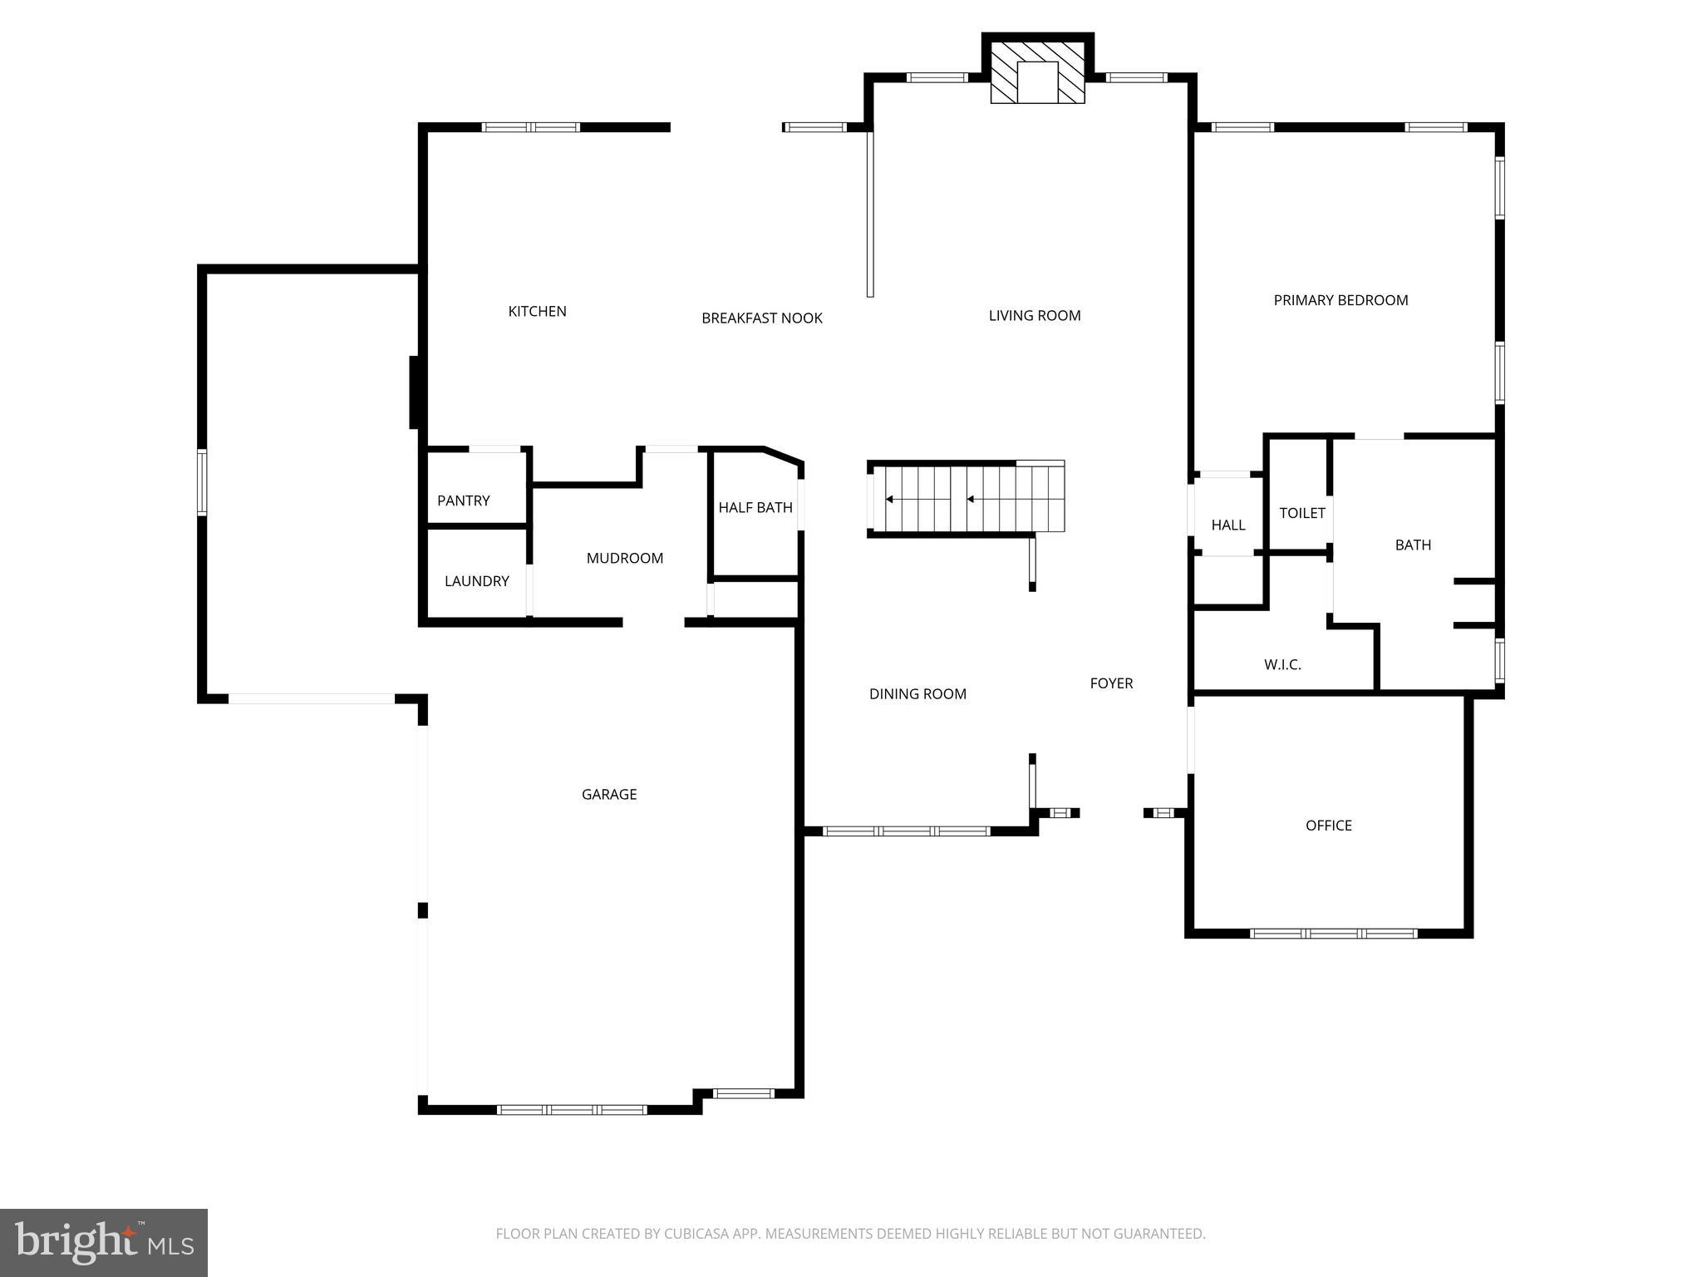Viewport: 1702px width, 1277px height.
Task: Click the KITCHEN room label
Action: (x=537, y=311)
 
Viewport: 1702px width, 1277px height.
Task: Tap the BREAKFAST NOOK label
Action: (x=761, y=318)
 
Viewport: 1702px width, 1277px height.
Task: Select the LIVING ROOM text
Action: (x=1034, y=315)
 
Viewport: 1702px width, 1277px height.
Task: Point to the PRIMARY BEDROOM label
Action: (x=1340, y=300)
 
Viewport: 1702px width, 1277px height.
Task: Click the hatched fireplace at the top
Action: (x=1037, y=72)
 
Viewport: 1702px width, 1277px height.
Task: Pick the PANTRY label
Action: (x=463, y=500)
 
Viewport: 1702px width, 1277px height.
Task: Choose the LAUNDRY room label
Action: (x=476, y=581)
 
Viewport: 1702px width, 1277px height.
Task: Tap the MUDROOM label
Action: (x=624, y=558)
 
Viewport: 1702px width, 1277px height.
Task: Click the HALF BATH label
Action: (x=755, y=507)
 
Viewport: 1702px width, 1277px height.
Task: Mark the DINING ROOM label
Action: (x=917, y=693)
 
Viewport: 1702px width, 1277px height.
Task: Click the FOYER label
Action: (x=1111, y=683)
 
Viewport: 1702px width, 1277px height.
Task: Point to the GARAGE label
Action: (x=608, y=794)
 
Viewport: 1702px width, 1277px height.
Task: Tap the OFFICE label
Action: (x=1328, y=825)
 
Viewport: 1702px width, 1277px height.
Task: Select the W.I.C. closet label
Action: (x=1282, y=664)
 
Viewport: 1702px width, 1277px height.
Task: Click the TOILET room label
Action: (x=1301, y=513)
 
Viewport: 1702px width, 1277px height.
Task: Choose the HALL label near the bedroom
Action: (x=1227, y=525)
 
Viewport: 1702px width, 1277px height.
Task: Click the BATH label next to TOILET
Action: (x=1412, y=545)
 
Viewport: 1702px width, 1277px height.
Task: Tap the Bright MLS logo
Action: (x=103, y=1242)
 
